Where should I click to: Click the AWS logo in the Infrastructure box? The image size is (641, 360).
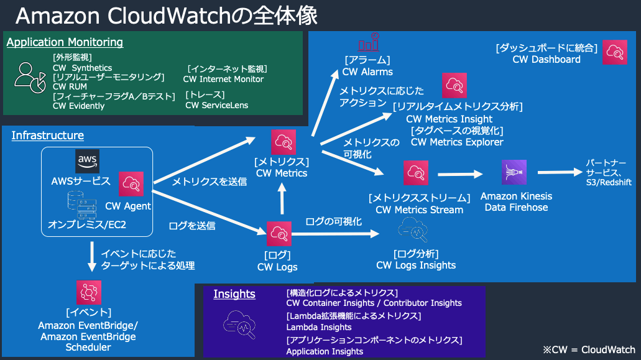87,161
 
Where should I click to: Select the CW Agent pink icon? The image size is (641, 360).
131,184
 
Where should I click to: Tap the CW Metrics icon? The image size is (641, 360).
284,142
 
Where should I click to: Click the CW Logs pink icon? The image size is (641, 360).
279,234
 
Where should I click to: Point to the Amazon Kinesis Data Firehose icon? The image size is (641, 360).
514,172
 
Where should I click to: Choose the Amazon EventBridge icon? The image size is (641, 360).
89,292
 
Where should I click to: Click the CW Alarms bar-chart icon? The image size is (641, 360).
369,42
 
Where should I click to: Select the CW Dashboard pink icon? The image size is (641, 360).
615,52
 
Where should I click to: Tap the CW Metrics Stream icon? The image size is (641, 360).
416,173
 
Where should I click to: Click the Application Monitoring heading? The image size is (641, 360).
65,42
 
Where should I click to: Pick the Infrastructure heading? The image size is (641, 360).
47,136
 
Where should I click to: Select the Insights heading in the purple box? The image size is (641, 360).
234,294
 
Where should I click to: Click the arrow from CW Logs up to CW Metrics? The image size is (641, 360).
282,198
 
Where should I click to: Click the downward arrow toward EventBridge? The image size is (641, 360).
92,257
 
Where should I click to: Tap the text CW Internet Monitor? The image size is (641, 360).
223,79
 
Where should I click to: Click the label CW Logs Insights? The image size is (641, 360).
416,265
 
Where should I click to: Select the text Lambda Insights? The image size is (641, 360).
319,327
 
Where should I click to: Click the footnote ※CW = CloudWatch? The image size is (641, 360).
589,350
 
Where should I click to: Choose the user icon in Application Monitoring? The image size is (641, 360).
30,78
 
